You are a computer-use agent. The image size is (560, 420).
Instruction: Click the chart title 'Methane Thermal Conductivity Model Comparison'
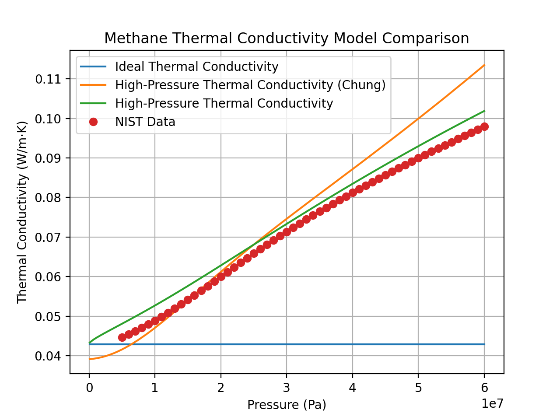287,38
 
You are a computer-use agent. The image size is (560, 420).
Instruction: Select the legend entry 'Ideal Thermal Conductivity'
196,66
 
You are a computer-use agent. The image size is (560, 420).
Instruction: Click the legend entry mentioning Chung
250,85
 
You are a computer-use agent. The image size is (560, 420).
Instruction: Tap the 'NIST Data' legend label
145,122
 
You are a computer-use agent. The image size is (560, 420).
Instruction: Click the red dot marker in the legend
93,122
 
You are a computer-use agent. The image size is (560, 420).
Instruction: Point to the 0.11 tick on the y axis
49,79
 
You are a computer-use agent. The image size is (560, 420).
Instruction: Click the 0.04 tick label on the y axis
49,356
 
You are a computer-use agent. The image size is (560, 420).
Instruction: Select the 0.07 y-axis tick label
49,238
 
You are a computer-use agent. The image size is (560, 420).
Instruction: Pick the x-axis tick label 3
287,388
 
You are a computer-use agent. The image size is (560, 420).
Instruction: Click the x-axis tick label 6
484,388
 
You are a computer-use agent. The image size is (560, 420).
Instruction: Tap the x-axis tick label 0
89,388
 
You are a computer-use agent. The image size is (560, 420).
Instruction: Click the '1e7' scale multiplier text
492,403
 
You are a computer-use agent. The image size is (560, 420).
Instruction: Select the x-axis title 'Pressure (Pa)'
287,405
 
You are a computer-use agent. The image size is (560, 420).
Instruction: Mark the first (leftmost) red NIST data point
122,337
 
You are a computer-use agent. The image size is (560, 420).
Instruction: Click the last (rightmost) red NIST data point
484,127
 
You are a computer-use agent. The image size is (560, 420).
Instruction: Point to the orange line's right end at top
484,65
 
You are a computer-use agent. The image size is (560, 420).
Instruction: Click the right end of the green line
484,111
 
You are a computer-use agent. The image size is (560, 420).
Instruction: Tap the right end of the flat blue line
484,344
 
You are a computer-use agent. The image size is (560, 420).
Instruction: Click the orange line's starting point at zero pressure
90,359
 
